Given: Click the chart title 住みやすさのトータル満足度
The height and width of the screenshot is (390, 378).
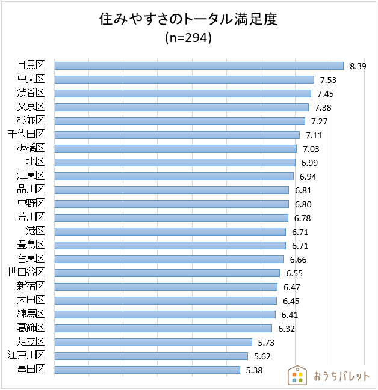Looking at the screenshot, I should click(x=188, y=20).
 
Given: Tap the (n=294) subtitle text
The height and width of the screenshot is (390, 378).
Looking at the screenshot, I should click(x=188, y=38).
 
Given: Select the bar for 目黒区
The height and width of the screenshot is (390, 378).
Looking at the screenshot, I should click(x=199, y=66).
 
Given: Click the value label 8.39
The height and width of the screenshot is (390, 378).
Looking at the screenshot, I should click(x=358, y=66).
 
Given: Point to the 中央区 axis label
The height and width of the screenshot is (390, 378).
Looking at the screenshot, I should click(x=31, y=79).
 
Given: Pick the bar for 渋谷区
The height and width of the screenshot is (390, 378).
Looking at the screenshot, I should click(x=182, y=93).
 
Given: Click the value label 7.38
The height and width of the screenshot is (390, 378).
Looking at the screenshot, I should click(x=323, y=107).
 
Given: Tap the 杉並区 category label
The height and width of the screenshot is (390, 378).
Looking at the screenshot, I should click(x=31, y=121).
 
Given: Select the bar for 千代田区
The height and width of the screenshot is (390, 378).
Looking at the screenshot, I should click(x=177, y=135).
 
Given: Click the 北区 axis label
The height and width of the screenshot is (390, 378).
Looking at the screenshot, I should click(x=36, y=162).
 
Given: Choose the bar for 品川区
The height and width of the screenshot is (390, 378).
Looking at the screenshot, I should click(x=172, y=190).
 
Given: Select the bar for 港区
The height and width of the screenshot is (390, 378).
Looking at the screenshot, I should click(x=170, y=231).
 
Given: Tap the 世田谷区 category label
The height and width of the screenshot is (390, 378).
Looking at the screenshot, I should click(x=27, y=273).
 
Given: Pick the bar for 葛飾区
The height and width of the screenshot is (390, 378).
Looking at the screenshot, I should click(x=163, y=328).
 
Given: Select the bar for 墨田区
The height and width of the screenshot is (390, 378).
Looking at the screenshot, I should click(x=147, y=370).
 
